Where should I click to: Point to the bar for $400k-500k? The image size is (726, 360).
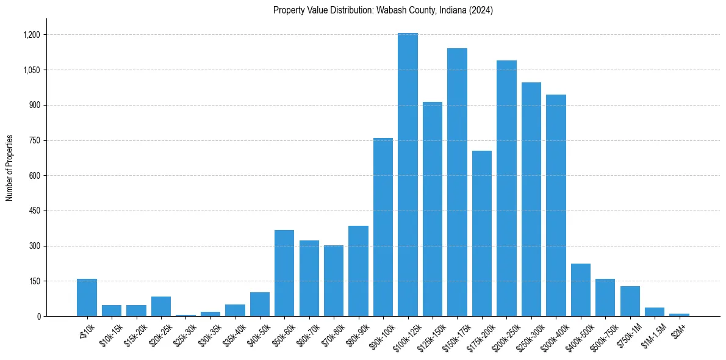tap(580, 290)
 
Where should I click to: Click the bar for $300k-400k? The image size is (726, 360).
tap(556, 205)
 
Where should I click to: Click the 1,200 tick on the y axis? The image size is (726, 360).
tap(31, 35)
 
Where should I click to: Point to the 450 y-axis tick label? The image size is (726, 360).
tap(34, 211)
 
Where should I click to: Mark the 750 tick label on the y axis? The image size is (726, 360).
tap(34, 140)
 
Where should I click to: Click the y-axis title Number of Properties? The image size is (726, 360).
tap(10, 168)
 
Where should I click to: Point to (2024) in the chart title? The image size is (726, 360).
tap(481, 10)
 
